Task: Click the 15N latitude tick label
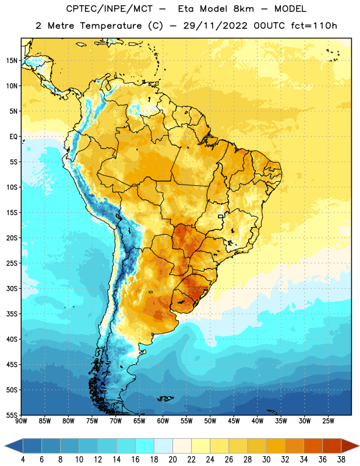click(12, 61)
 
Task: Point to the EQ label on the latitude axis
click(13, 137)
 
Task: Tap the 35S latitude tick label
click(12, 314)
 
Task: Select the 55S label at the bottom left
click(12, 415)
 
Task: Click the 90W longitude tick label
click(21, 421)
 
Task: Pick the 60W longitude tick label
click(163, 421)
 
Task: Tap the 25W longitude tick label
click(328, 421)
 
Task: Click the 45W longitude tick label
click(234, 421)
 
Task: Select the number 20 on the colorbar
click(172, 460)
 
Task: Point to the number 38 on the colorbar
click(341, 460)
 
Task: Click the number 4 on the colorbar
click(23, 460)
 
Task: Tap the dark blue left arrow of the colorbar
click(14, 446)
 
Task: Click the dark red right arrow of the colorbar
click(350, 446)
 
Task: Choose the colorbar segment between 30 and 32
click(276, 446)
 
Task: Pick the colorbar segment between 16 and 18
click(144, 446)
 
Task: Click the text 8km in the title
click(243, 9)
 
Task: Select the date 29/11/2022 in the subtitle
click(216, 26)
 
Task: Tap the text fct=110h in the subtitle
click(314, 26)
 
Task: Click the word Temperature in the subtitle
click(111, 26)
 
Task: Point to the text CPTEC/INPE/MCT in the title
click(110, 9)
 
